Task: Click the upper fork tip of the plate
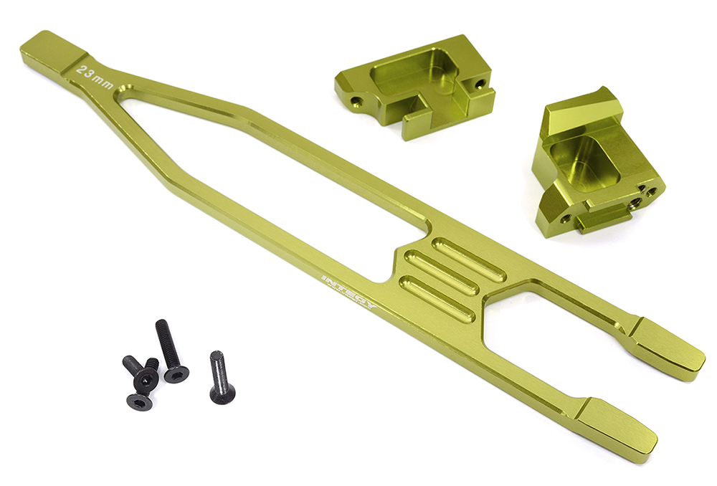tap(668, 348)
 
